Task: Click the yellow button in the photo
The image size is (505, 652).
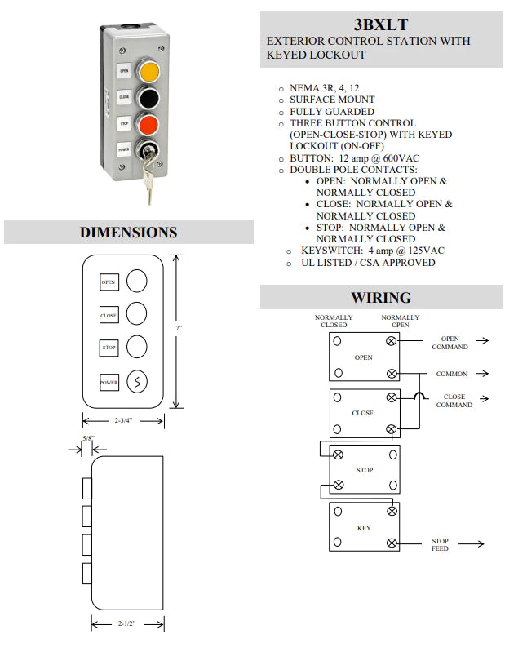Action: coord(148,71)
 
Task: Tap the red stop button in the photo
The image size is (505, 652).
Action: coord(148,124)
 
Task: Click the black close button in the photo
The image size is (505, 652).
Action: coord(148,98)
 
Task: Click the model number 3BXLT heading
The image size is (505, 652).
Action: coord(381,24)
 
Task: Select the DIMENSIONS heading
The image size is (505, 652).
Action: coord(128,233)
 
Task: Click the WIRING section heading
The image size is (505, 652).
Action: coord(381,298)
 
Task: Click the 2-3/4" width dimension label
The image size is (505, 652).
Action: coord(123,420)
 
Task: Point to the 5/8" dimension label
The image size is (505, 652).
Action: coord(87,439)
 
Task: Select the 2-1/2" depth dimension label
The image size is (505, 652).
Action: coord(126,624)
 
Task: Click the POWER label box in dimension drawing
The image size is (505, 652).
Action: coord(109,382)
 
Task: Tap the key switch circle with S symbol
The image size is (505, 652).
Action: coord(137,381)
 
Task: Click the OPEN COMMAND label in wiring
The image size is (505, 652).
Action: coord(450,344)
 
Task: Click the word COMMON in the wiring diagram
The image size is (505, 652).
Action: coord(451,374)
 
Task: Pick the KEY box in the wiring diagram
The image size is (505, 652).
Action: coord(365,528)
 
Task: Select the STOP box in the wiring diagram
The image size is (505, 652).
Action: coord(365,470)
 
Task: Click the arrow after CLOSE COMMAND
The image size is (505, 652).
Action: coord(488,399)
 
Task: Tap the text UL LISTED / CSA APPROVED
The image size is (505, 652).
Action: coord(368,263)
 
